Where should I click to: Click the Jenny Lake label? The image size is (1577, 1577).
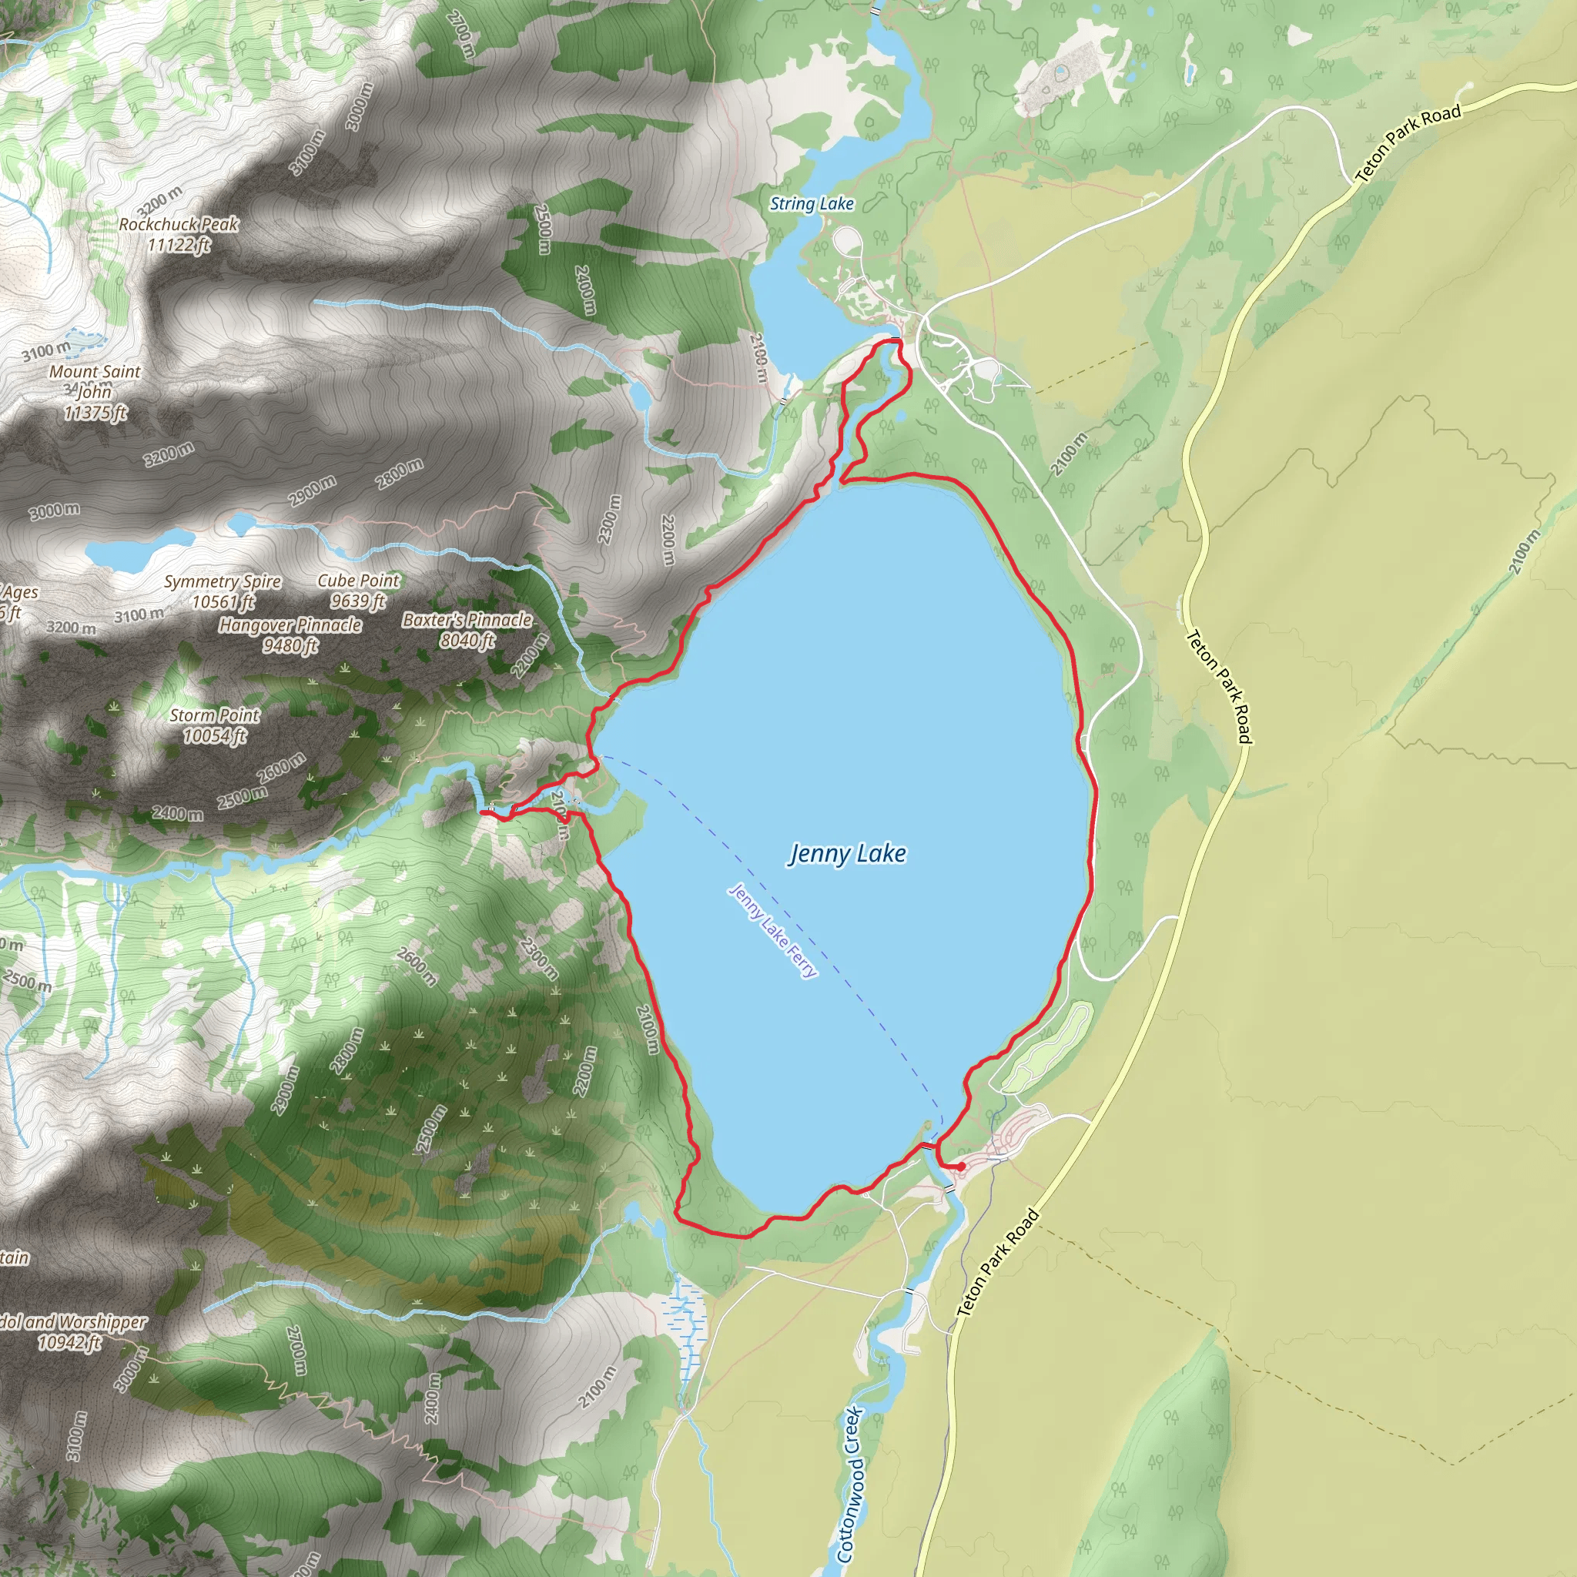847,854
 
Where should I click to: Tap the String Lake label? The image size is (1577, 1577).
812,204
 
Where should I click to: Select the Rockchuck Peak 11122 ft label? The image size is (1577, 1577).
179,234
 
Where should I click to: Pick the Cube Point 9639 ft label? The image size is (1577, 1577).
358,590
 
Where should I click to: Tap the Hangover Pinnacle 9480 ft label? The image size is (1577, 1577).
290,635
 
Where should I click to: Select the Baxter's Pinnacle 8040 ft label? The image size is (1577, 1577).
467,630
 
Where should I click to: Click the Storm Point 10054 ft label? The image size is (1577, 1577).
214,725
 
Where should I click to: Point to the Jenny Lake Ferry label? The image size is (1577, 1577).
772,930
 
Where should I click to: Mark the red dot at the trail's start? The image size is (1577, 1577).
961,1167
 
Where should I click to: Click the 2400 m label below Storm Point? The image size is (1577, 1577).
177,814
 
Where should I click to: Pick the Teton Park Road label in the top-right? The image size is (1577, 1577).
1408,143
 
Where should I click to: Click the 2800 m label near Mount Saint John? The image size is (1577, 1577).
399,474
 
